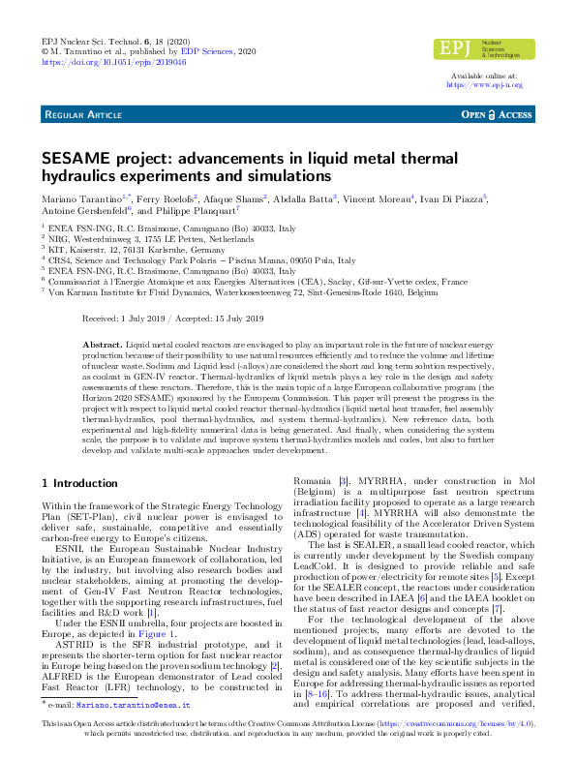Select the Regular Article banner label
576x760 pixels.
point(82,114)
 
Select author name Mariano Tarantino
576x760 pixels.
point(78,198)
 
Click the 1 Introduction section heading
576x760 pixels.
point(79,482)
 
